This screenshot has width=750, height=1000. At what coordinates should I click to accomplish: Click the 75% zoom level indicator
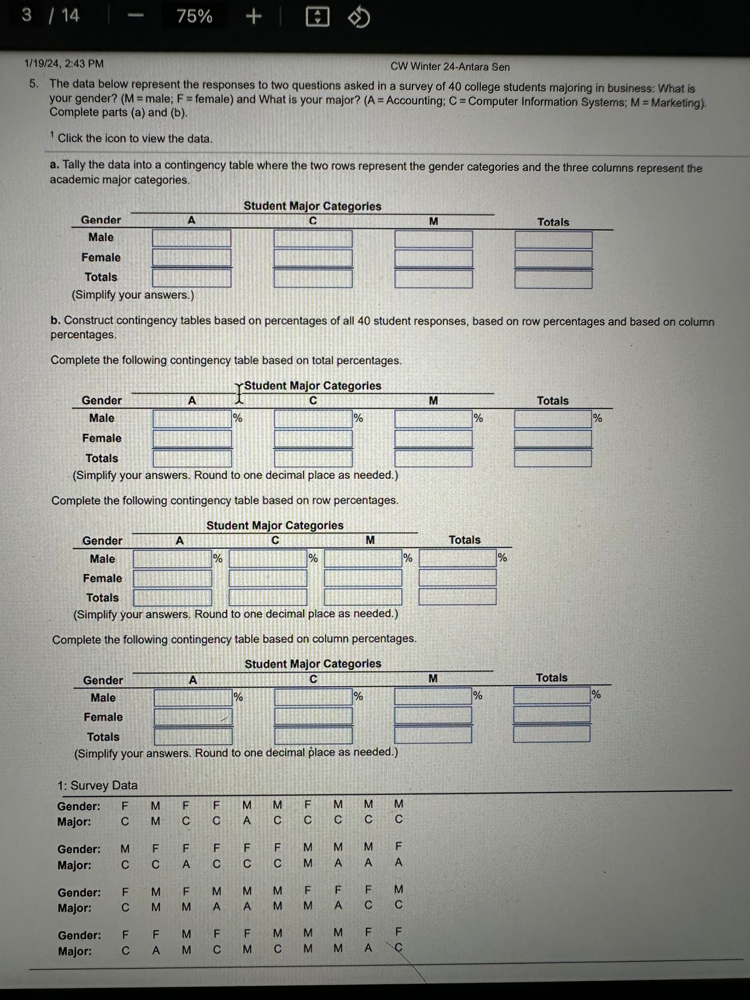tap(194, 17)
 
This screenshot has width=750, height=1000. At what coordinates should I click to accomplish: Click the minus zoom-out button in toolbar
tap(136, 17)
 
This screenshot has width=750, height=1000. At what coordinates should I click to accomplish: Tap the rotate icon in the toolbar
tap(359, 19)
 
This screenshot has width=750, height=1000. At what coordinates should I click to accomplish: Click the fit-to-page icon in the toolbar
tap(317, 18)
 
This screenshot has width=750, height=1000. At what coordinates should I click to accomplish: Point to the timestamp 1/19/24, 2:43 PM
tap(64, 63)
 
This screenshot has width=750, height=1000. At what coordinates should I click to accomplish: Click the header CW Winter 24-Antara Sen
tap(450, 67)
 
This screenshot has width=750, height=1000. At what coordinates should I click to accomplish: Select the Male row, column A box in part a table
tap(191, 239)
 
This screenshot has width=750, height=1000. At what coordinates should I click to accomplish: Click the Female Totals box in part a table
tap(553, 259)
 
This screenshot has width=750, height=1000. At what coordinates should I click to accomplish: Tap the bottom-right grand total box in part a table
tap(553, 279)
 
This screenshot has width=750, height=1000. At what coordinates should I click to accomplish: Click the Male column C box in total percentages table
tap(313, 419)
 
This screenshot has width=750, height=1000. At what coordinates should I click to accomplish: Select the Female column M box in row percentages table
tap(363, 578)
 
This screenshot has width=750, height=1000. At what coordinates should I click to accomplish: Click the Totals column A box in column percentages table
tap(193, 736)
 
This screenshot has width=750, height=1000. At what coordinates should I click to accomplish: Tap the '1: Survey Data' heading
tap(97, 785)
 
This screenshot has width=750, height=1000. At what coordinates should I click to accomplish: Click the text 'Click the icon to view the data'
tap(135, 139)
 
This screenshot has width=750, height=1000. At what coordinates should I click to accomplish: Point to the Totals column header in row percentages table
tap(464, 540)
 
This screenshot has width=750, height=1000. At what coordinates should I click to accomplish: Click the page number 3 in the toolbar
tap(27, 15)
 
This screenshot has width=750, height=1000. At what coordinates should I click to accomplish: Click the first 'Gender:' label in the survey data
tap(79, 806)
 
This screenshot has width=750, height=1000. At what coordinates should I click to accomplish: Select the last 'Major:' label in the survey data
tap(75, 951)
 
